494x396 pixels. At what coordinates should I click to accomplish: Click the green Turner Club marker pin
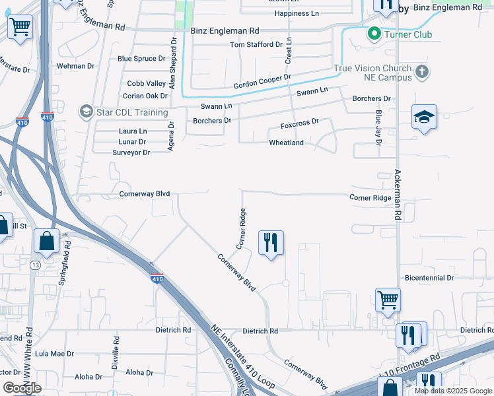point(374,32)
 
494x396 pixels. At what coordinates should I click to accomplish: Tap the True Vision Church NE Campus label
point(373,73)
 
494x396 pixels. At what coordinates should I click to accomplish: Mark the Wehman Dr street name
point(76,66)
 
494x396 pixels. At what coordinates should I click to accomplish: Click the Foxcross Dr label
point(299,122)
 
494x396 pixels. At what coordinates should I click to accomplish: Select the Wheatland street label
point(286,143)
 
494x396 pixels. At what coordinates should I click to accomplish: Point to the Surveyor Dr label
point(131,152)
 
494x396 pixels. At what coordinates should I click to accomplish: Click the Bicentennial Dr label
point(429,279)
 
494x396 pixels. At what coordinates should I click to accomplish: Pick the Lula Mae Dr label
point(54,354)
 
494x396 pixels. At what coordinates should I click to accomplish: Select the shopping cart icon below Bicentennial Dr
point(388,300)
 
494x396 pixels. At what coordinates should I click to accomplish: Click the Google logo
point(22,387)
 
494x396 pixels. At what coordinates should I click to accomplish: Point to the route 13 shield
point(35,265)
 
